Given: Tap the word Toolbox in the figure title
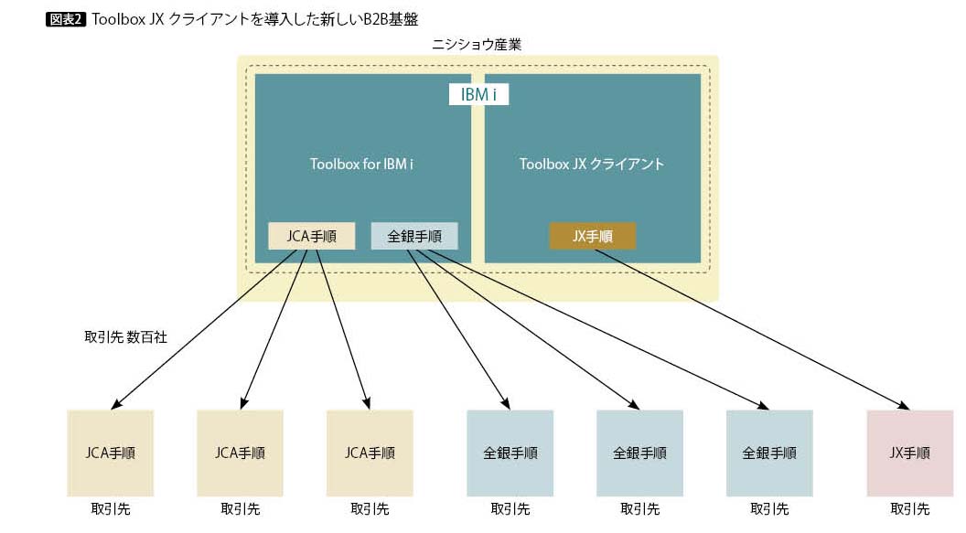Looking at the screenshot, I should [x=114, y=18].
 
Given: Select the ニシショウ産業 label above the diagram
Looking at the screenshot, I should [x=477, y=44].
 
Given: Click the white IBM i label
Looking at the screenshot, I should [x=478, y=94].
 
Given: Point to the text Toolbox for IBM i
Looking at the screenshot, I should [x=362, y=165].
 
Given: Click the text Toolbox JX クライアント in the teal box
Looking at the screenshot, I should [x=592, y=165].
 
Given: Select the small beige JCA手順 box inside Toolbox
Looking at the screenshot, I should [x=311, y=236].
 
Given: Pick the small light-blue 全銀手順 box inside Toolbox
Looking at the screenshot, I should [x=414, y=236].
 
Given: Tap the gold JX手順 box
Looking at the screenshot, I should [x=592, y=236].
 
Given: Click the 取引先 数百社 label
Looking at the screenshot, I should [x=125, y=336].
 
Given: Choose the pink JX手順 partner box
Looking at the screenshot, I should [x=909, y=453].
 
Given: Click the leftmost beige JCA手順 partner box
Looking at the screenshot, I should [x=111, y=453].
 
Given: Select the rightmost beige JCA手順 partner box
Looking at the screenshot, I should [x=370, y=453].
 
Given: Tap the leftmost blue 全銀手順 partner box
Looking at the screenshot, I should [x=510, y=453].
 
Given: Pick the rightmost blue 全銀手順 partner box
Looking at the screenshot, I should [x=769, y=453].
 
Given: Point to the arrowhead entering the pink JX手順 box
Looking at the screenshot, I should [x=905, y=405].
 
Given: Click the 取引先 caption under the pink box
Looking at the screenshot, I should [x=909, y=509].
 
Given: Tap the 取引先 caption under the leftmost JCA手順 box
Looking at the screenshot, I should [x=111, y=509].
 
